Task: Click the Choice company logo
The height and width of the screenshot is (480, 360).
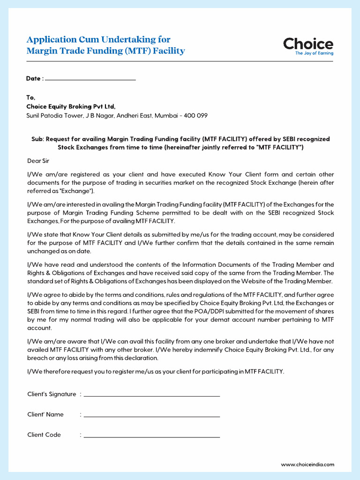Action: tap(308, 44)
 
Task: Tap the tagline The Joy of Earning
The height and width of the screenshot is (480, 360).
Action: tap(314, 53)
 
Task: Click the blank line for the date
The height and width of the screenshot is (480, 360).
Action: tap(90, 79)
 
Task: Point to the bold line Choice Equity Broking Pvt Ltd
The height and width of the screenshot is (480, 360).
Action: tap(71, 106)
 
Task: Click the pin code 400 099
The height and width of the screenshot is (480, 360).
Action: tap(196, 115)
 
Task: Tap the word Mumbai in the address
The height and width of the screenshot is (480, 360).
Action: tap(166, 115)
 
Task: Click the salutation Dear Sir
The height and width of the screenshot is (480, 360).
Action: tap(38, 161)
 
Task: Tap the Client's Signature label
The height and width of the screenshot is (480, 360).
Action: tap(52, 394)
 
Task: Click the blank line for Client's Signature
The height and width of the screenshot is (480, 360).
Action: tap(151, 396)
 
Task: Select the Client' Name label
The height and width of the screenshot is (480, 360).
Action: tap(45, 414)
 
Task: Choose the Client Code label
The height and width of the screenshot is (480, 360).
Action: tap(44, 435)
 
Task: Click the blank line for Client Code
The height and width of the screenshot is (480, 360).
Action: tap(151, 436)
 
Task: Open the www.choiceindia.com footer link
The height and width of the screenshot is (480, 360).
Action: tap(307, 465)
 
